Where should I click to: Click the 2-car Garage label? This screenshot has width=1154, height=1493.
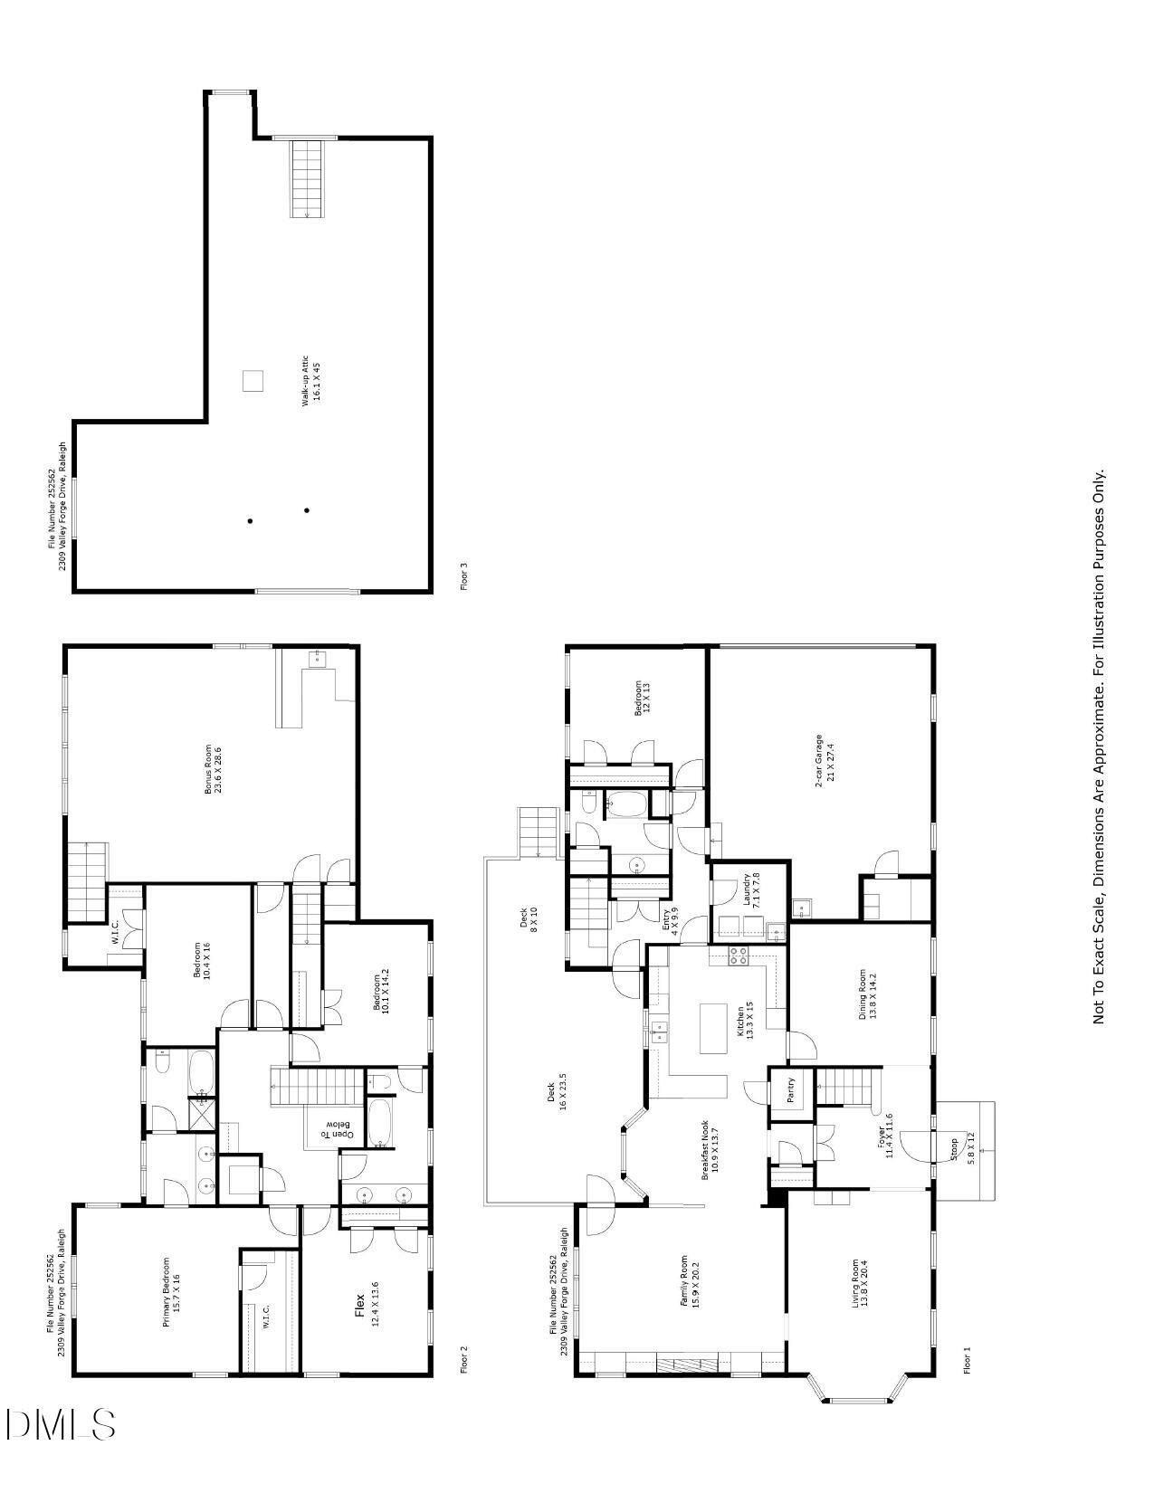point(825,760)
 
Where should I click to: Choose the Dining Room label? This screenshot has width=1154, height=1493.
point(867,994)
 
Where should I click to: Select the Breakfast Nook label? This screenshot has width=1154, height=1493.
point(709,1148)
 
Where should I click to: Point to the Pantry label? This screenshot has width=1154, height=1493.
point(790,1088)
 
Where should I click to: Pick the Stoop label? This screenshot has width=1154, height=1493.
point(965,1148)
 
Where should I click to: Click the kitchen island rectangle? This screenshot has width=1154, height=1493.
point(713,1028)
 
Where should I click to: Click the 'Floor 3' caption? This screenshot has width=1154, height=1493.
point(464,576)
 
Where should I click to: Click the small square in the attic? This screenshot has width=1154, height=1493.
point(253,381)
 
